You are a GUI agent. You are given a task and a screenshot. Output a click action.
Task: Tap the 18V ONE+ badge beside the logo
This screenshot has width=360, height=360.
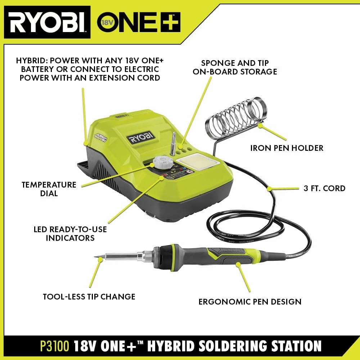pyautogui.click(x=139, y=22)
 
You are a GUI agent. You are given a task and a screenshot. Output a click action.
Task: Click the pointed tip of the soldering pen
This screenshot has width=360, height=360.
pyautogui.click(x=97, y=256)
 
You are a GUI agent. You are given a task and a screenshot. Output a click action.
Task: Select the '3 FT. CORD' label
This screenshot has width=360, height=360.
pyautogui.click(x=324, y=188)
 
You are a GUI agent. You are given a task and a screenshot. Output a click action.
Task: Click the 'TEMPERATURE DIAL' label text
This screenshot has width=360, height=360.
pyautogui.click(x=49, y=189)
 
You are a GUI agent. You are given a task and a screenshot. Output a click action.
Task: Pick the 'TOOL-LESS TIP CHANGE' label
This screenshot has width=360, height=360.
pyautogui.click(x=89, y=297)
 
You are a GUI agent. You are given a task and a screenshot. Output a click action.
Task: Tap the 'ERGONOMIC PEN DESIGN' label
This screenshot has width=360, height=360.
pyautogui.click(x=250, y=301)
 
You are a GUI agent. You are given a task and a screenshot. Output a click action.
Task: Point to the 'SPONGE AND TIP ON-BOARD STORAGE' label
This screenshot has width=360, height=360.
pyautogui.click(x=235, y=67)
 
